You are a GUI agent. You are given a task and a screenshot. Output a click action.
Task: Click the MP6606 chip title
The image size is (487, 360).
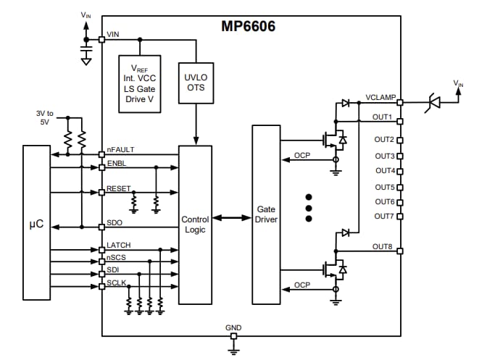pos(248,26)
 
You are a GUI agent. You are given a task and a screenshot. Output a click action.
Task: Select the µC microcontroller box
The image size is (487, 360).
pos(36,222)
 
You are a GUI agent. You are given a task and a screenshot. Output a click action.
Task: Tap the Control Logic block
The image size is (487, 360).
pos(195,224)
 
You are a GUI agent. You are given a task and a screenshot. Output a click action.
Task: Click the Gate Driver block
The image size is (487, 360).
pos(266,214)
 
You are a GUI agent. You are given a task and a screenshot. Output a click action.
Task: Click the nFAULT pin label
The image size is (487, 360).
pos(120,150)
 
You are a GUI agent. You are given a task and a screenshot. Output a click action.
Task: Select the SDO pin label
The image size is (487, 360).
pos(114,222)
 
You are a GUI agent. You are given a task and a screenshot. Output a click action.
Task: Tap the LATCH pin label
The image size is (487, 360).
pos(118,246)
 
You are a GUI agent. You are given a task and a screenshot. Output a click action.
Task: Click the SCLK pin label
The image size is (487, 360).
pos(117,282)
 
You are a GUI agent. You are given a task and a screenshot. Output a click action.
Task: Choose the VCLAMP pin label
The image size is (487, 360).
pos(380,97)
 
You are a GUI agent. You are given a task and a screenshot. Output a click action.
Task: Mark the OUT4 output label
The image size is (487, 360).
pos(384,171)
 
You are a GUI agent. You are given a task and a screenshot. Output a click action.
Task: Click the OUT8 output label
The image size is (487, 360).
pos(382,246)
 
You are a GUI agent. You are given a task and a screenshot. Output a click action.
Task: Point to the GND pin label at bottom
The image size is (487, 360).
pos(233,328)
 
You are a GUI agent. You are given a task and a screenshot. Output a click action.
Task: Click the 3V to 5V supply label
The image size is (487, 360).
pos(45,117)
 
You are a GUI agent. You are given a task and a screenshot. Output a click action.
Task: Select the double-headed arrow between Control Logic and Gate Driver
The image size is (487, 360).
pos(232,217)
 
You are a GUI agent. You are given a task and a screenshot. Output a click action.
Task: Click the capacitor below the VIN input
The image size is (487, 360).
pos(86,52)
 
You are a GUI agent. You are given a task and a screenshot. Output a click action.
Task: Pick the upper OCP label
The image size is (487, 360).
pos(302,155)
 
